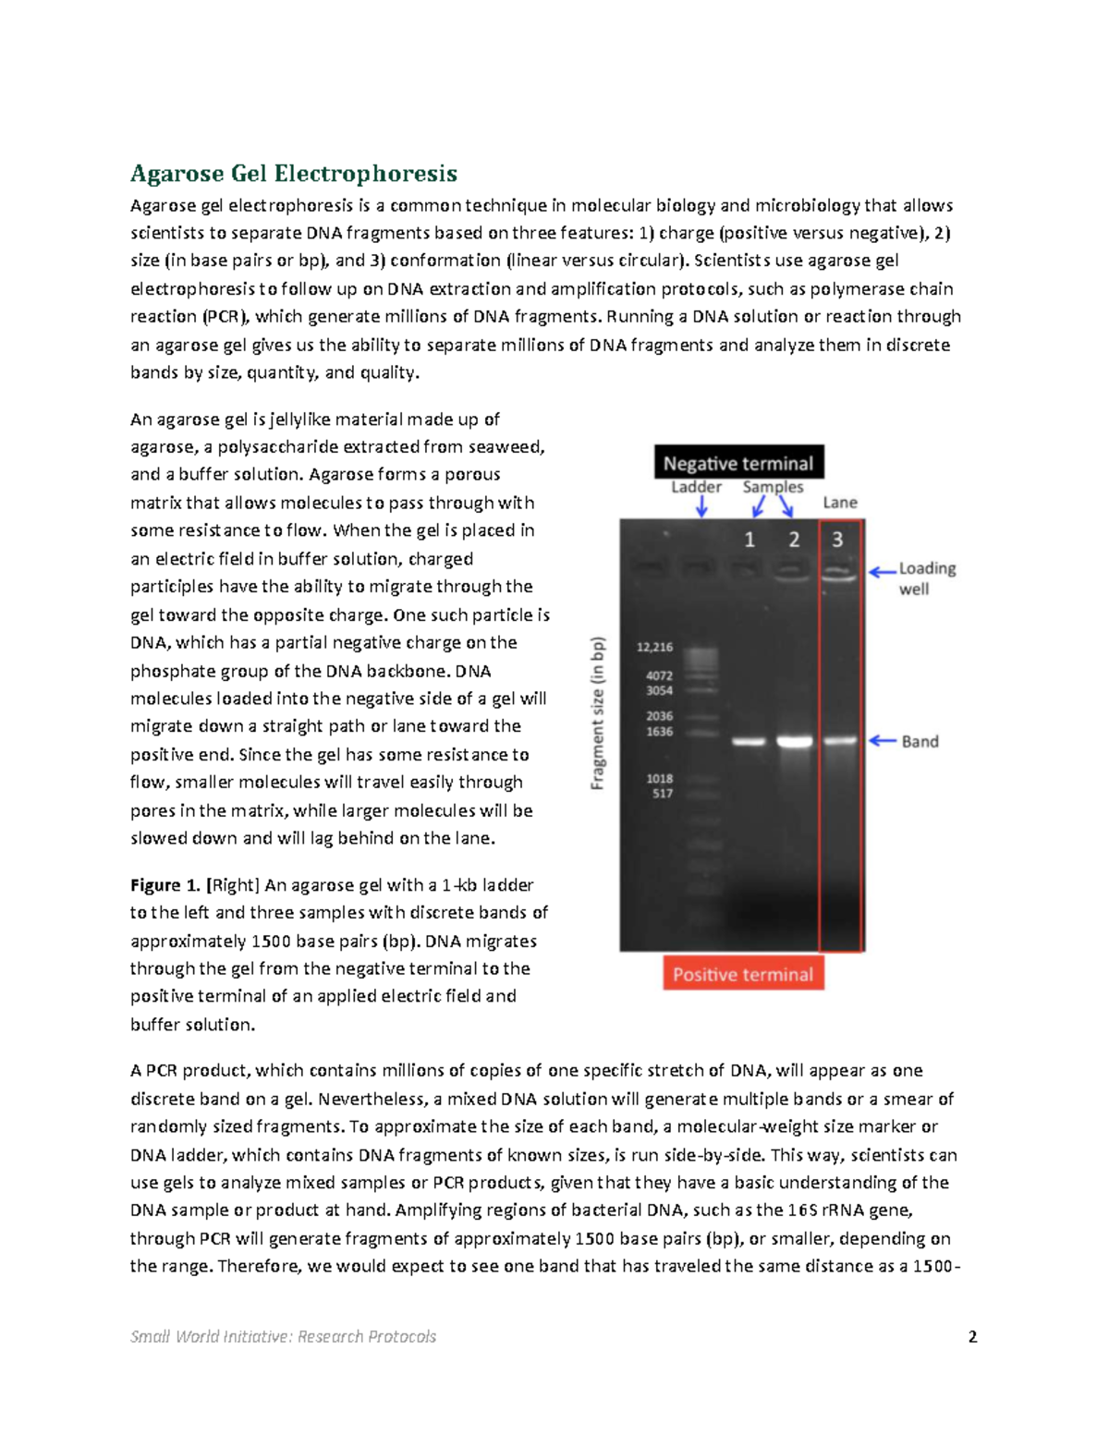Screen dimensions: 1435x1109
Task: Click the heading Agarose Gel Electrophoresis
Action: [293, 174]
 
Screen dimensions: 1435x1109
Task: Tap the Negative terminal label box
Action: [738, 463]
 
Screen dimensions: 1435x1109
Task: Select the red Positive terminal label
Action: [743, 974]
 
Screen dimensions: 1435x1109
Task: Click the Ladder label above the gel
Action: [696, 487]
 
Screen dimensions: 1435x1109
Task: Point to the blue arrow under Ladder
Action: [701, 506]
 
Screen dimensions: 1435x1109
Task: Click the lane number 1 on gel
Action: [749, 540]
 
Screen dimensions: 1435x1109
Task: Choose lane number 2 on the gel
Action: [794, 540]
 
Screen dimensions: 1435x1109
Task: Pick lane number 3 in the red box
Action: [837, 540]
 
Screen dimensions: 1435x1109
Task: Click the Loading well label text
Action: [926, 578]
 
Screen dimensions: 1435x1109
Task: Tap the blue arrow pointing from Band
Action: [884, 740]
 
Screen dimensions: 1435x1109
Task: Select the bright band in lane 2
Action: [794, 741]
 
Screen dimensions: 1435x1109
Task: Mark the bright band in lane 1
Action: [749, 741]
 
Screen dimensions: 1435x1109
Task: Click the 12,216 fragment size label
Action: [654, 647]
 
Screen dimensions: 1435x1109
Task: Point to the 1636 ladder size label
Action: [659, 731]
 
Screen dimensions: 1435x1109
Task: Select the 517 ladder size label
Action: [662, 793]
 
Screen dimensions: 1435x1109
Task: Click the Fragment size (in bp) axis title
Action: [598, 713]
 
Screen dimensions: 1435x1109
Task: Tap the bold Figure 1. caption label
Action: [165, 885]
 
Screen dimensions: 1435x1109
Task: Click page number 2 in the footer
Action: [972, 1336]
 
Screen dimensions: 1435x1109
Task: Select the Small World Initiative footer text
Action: [283, 1336]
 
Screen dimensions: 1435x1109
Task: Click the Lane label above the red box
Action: [840, 503]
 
